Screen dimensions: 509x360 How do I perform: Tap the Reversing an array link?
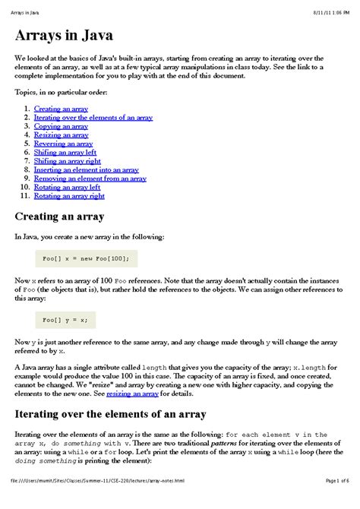(63, 144)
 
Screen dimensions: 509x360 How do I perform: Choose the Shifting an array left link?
(65, 152)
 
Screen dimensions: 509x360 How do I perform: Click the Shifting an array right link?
(68, 161)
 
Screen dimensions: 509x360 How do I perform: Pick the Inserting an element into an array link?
(86, 169)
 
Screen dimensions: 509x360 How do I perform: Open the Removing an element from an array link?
(90, 179)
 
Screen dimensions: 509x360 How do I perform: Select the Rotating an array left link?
(67, 187)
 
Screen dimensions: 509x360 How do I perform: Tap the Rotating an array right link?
(69, 196)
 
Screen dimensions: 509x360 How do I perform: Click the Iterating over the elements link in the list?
(93, 118)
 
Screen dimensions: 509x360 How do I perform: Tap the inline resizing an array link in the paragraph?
(132, 394)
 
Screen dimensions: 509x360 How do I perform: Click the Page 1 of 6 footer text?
(336, 501)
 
